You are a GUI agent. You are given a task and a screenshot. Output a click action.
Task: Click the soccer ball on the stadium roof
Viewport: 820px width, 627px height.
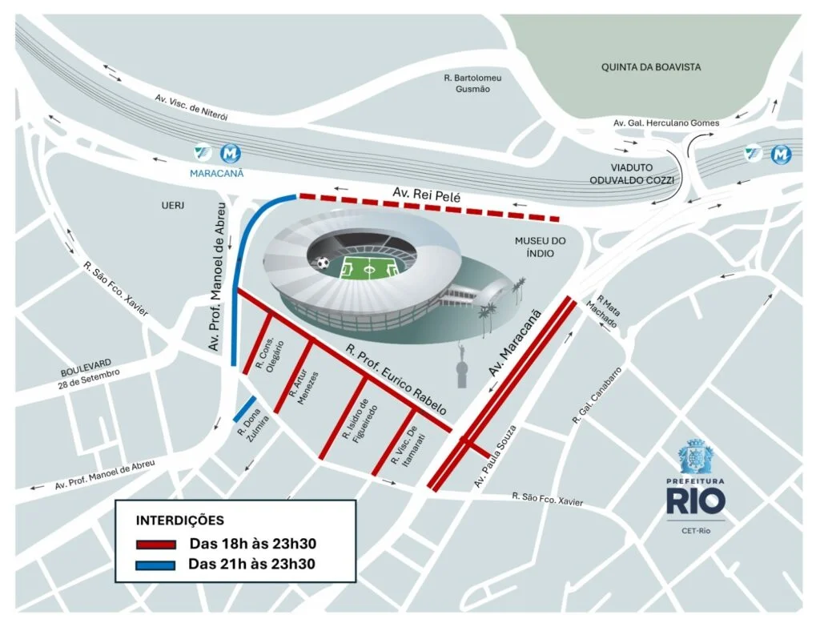(321, 262)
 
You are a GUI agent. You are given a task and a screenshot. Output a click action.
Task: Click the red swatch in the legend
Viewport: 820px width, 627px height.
(155, 545)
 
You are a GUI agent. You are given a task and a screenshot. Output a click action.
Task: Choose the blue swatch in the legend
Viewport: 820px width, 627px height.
(155, 564)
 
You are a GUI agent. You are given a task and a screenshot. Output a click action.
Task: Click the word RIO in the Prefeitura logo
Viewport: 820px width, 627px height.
(695, 500)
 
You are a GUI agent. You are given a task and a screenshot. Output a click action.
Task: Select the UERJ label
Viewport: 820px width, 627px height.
(173, 206)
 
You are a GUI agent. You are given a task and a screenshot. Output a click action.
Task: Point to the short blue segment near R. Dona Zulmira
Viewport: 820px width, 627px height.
(244, 408)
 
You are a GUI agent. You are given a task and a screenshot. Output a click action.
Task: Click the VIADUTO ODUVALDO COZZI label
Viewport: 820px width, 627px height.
(639, 175)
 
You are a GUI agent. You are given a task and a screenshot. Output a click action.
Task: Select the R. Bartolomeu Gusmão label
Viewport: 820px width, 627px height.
(472, 83)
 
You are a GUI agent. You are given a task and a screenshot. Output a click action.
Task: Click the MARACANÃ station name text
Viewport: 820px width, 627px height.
(217, 172)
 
